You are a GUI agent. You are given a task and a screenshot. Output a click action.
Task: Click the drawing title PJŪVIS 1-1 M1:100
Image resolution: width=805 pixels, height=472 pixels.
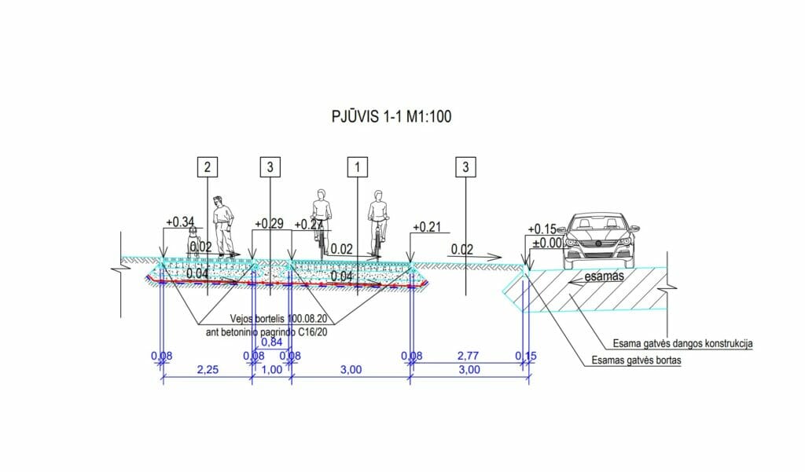click(x=391, y=116)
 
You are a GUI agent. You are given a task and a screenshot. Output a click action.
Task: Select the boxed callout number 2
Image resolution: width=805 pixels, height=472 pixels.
click(x=207, y=166)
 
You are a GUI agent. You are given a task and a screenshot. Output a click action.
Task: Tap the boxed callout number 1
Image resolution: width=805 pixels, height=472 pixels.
click(x=358, y=166)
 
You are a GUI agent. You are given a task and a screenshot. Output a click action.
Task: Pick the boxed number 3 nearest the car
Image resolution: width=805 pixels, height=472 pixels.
click(x=465, y=166)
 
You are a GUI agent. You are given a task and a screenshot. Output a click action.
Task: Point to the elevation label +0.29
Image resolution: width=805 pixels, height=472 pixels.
click(x=268, y=225)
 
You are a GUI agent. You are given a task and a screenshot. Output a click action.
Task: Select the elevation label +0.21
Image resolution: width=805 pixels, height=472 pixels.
click(x=428, y=228)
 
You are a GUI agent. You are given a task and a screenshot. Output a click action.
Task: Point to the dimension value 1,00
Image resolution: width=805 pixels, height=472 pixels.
click(x=271, y=371)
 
